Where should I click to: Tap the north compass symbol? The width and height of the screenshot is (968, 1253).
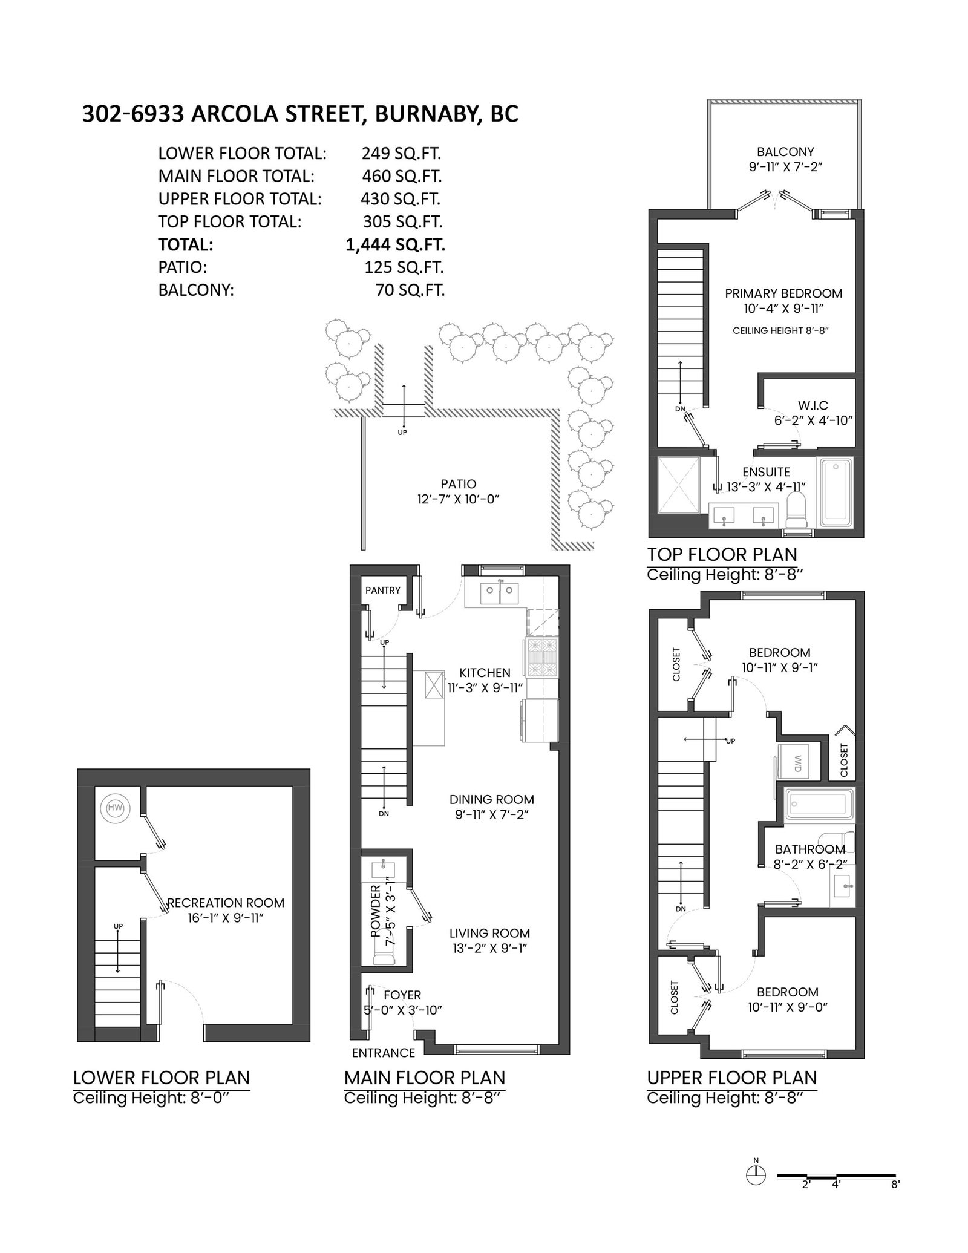coord(756,1191)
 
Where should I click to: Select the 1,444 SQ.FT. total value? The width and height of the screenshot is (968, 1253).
coord(395,244)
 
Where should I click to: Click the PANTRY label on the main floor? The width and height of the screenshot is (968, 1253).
coord(383,590)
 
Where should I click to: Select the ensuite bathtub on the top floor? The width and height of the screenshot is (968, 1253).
coord(837,491)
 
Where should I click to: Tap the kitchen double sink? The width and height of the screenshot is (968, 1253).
coord(500,594)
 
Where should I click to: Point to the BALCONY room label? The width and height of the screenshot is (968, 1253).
coord(785,152)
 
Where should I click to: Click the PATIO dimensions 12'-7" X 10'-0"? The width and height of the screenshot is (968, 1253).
coord(459,500)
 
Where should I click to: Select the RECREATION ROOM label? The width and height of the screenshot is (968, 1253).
coord(226,903)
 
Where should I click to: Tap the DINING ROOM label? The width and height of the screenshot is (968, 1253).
coord(492,799)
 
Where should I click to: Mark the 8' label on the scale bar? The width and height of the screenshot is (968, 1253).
coord(895,1202)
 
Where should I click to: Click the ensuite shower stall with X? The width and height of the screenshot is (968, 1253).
coord(678,485)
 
